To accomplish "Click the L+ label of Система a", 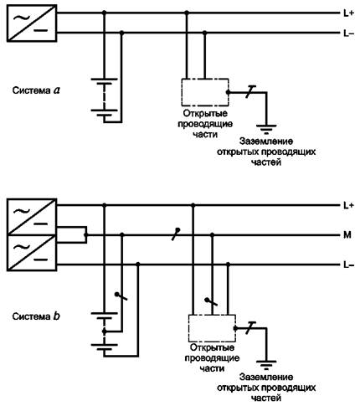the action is point(348,13).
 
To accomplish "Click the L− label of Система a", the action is point(348,33).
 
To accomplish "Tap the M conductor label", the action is point(347,235).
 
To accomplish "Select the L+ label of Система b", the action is point(348,206).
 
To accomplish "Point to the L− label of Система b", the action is point(348,265).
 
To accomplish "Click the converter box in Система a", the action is point(32,23).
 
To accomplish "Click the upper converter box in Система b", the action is point(32,217).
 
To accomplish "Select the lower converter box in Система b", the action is point(32,253).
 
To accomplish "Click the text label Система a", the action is point(36,90).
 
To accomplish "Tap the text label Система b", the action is point(36,316).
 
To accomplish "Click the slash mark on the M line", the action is point(176,234).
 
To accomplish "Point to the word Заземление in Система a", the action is point(266,141).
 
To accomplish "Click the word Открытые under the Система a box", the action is point(205,114).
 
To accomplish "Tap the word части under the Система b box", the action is point(212,368).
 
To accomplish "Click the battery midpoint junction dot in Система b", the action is point(105,331).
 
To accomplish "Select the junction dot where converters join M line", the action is point(86,235).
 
